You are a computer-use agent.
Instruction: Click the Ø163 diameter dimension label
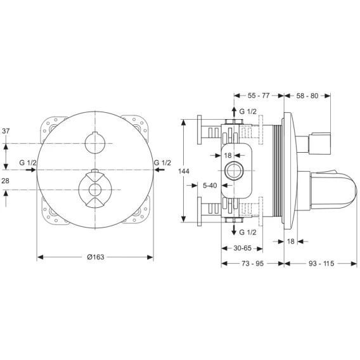pyautogui.click(x=96, y=257)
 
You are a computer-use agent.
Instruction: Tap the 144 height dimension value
pyautogui.click(x=184, y=171)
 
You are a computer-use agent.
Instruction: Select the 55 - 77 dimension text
pyautogui.click(x=259, y=96)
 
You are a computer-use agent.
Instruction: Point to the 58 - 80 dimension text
pyautogui.click(x=307, y=96)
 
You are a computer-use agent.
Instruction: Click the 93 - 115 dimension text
pyautogui.click(x=321, y=264)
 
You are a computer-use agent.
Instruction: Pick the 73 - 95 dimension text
pyautogui.click(x=252, y=264)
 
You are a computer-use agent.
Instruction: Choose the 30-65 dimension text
pyautogui.click(x=243, y=248)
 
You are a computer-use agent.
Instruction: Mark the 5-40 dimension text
pyautogui.click(x=210, y=185)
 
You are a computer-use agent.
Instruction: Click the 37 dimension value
pyautogui.click(x=6, y=131)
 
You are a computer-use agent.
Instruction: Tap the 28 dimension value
pyautogui.click(x=6, y=181)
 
